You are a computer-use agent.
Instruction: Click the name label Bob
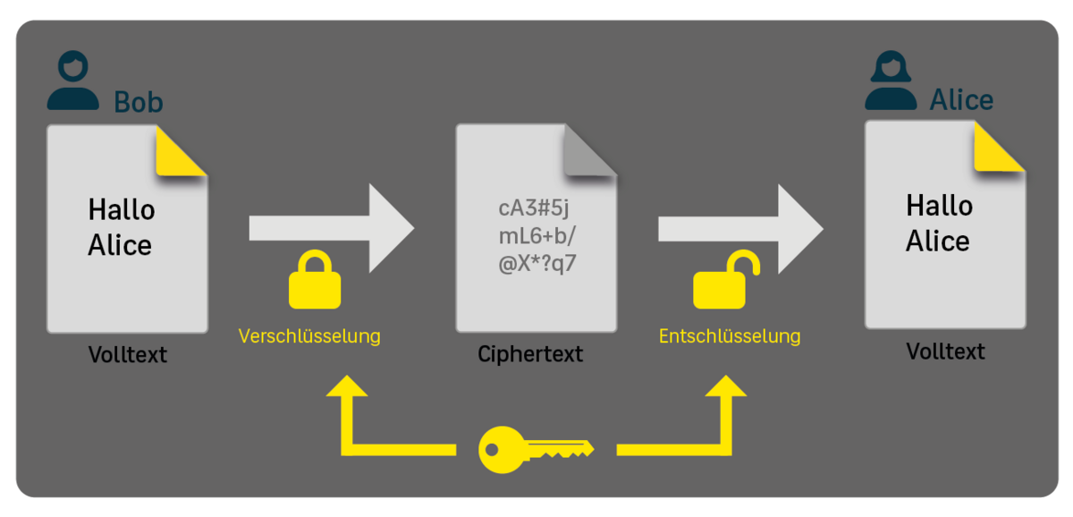tap(139, 103)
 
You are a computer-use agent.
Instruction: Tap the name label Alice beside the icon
tap(961, 99)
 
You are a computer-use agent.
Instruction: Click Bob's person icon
tap(73, 81)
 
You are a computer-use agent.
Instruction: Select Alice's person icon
tap(891, 81)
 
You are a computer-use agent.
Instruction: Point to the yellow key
tap(535, 449)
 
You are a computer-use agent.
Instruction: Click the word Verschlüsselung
tap(309, 336)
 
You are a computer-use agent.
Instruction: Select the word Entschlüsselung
tap(730, 336)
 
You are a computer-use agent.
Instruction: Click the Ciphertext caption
tap(530, 354)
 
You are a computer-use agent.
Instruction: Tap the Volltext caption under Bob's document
tap(128, 354)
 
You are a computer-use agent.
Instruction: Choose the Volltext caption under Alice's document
tap(945, 352)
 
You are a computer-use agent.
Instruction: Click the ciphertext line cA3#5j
tap(534, 209)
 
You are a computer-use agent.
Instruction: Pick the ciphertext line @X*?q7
tap(534, 266)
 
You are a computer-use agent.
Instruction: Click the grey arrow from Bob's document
tap(331, 227)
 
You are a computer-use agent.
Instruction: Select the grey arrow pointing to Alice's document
tap(740, 227)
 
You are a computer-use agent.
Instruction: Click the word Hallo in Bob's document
tap(122, 211)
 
